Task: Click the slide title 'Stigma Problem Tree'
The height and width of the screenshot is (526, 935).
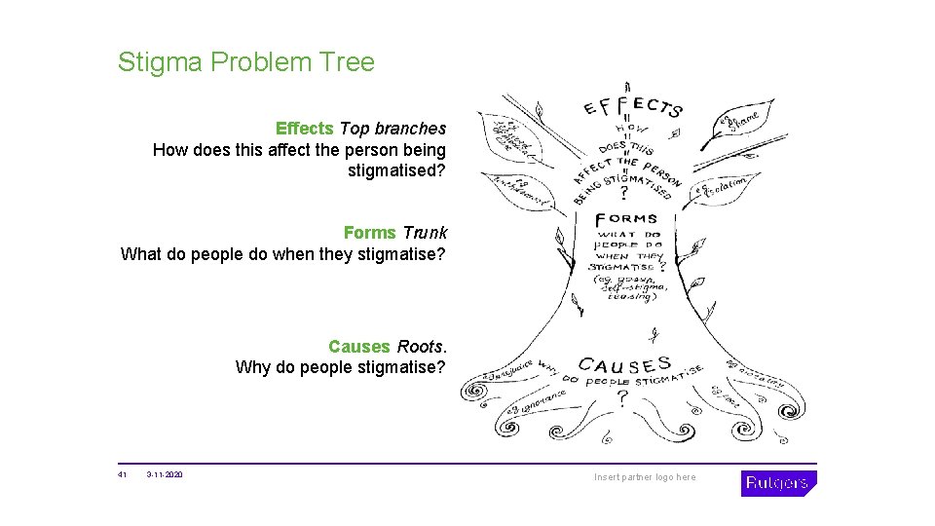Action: pyautogui.click(x=245, y=62)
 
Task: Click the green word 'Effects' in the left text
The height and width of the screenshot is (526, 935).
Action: pyautogui.click(x=305, y=128)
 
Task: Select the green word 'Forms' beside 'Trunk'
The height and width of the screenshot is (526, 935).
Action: pyautogui.click(x=369, y=233)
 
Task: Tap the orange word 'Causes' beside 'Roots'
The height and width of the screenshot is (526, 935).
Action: pyautogui.click(x=359, y=347)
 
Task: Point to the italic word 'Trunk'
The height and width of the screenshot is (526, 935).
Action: pyautogui.click(x=425, y=233)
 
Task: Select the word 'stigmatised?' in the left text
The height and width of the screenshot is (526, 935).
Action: pyautogui.click(x=396, y=171)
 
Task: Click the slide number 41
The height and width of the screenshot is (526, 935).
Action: pyautogui.click(x=123, y=475)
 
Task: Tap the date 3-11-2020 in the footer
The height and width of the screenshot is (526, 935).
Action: pyautogui.click(x=165, y=475)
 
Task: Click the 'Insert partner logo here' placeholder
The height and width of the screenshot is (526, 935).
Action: pyautogui.click(x=646, y=477)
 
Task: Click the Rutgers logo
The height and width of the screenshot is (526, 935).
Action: pyautogui.click(x=778, y=483)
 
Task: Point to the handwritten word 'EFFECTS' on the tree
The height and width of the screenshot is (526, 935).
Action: pyautogui.click(x=633, y=107)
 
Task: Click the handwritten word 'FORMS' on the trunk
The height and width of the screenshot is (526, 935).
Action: pyautogui.click(x=626, y=218)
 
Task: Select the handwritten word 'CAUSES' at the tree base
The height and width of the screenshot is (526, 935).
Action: pyautogui.click(x=624, y=366)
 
